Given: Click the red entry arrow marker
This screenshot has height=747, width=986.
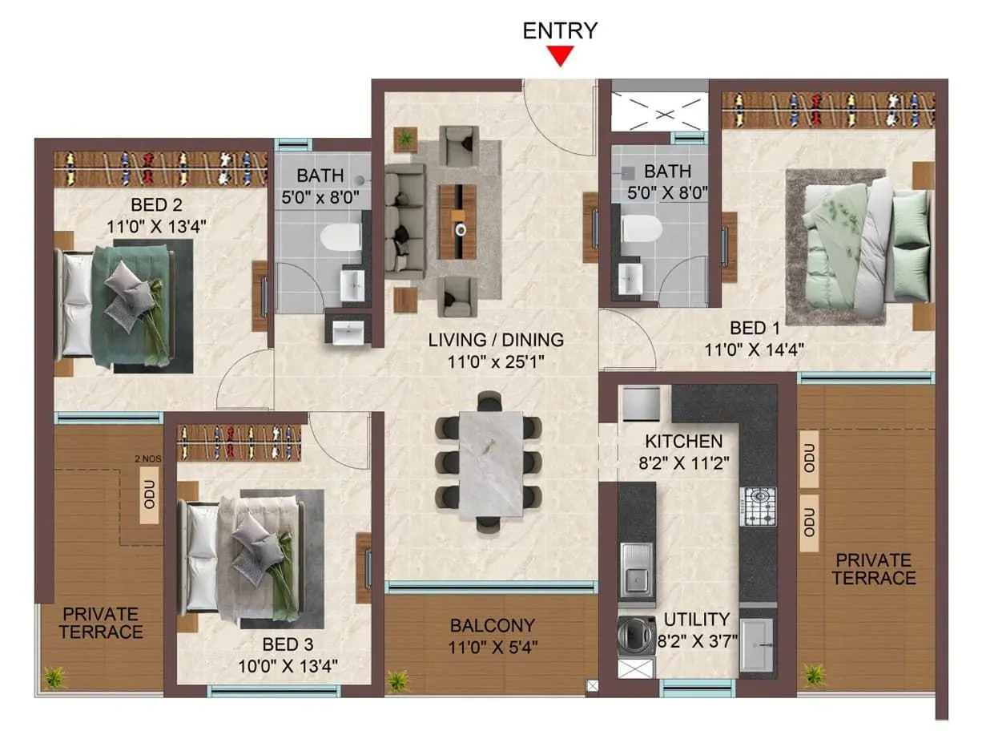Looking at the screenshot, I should pos(560,56).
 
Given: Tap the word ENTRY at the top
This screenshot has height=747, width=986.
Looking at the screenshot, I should pos(560,30).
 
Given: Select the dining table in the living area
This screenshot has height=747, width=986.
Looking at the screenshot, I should pos(490,462).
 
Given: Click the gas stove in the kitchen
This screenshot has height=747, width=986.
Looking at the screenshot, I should pos(757,506).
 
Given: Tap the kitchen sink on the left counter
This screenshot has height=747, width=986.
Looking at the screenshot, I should pos(638,570).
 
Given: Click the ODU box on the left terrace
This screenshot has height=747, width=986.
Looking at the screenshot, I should pos(149,496).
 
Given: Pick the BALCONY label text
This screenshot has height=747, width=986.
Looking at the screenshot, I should pos(492,626).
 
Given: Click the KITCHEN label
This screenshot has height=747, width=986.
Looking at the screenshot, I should pos(684,441).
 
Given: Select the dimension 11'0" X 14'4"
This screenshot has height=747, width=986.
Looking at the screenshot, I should pos(755,349).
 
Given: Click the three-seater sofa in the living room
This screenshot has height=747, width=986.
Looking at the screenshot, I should pos(405,221).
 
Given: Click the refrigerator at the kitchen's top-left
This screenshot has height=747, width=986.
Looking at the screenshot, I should pos(641,403).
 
